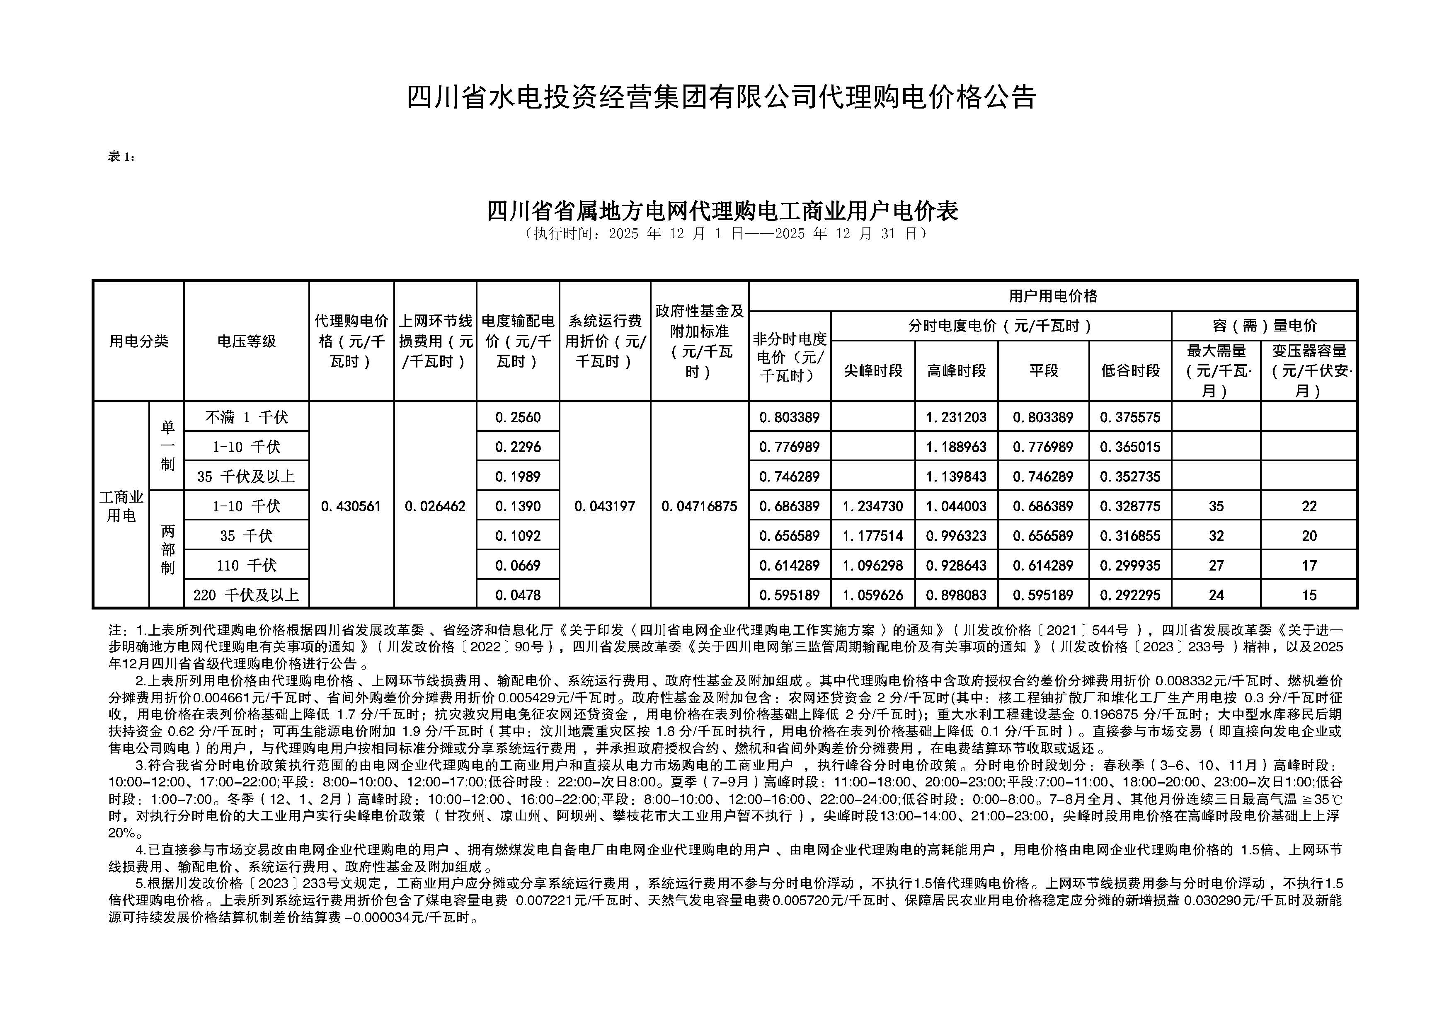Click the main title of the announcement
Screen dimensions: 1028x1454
[x=721, y=97]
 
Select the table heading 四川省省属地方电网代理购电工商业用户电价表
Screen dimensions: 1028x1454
[x=722, y=211]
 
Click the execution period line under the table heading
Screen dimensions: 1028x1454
[x=726, y=234]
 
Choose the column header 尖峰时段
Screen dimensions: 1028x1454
[x=872, y=371]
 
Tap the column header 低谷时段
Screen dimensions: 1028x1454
[x=1130, y=371]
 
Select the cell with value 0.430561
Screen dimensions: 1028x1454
[x=351, y=506]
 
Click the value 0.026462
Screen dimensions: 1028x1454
[x=435, y=506]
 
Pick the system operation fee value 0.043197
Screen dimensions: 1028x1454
[x=605, y=506]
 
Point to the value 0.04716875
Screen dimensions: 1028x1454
[x=699, y=506]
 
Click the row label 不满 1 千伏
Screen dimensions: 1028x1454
[x=246, y=417]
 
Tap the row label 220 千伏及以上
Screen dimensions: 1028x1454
[x=246, y=595]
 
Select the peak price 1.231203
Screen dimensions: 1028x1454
[x=956, y=417]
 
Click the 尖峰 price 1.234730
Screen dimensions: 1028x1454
[x=872, y=506]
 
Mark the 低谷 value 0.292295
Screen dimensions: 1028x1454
[x=1130, y=595]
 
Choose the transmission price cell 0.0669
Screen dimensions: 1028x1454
[x=518, y=565]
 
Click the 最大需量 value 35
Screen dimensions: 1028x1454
[x=1216, y=506]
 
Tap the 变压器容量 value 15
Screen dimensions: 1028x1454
[x=1309, y=595]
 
